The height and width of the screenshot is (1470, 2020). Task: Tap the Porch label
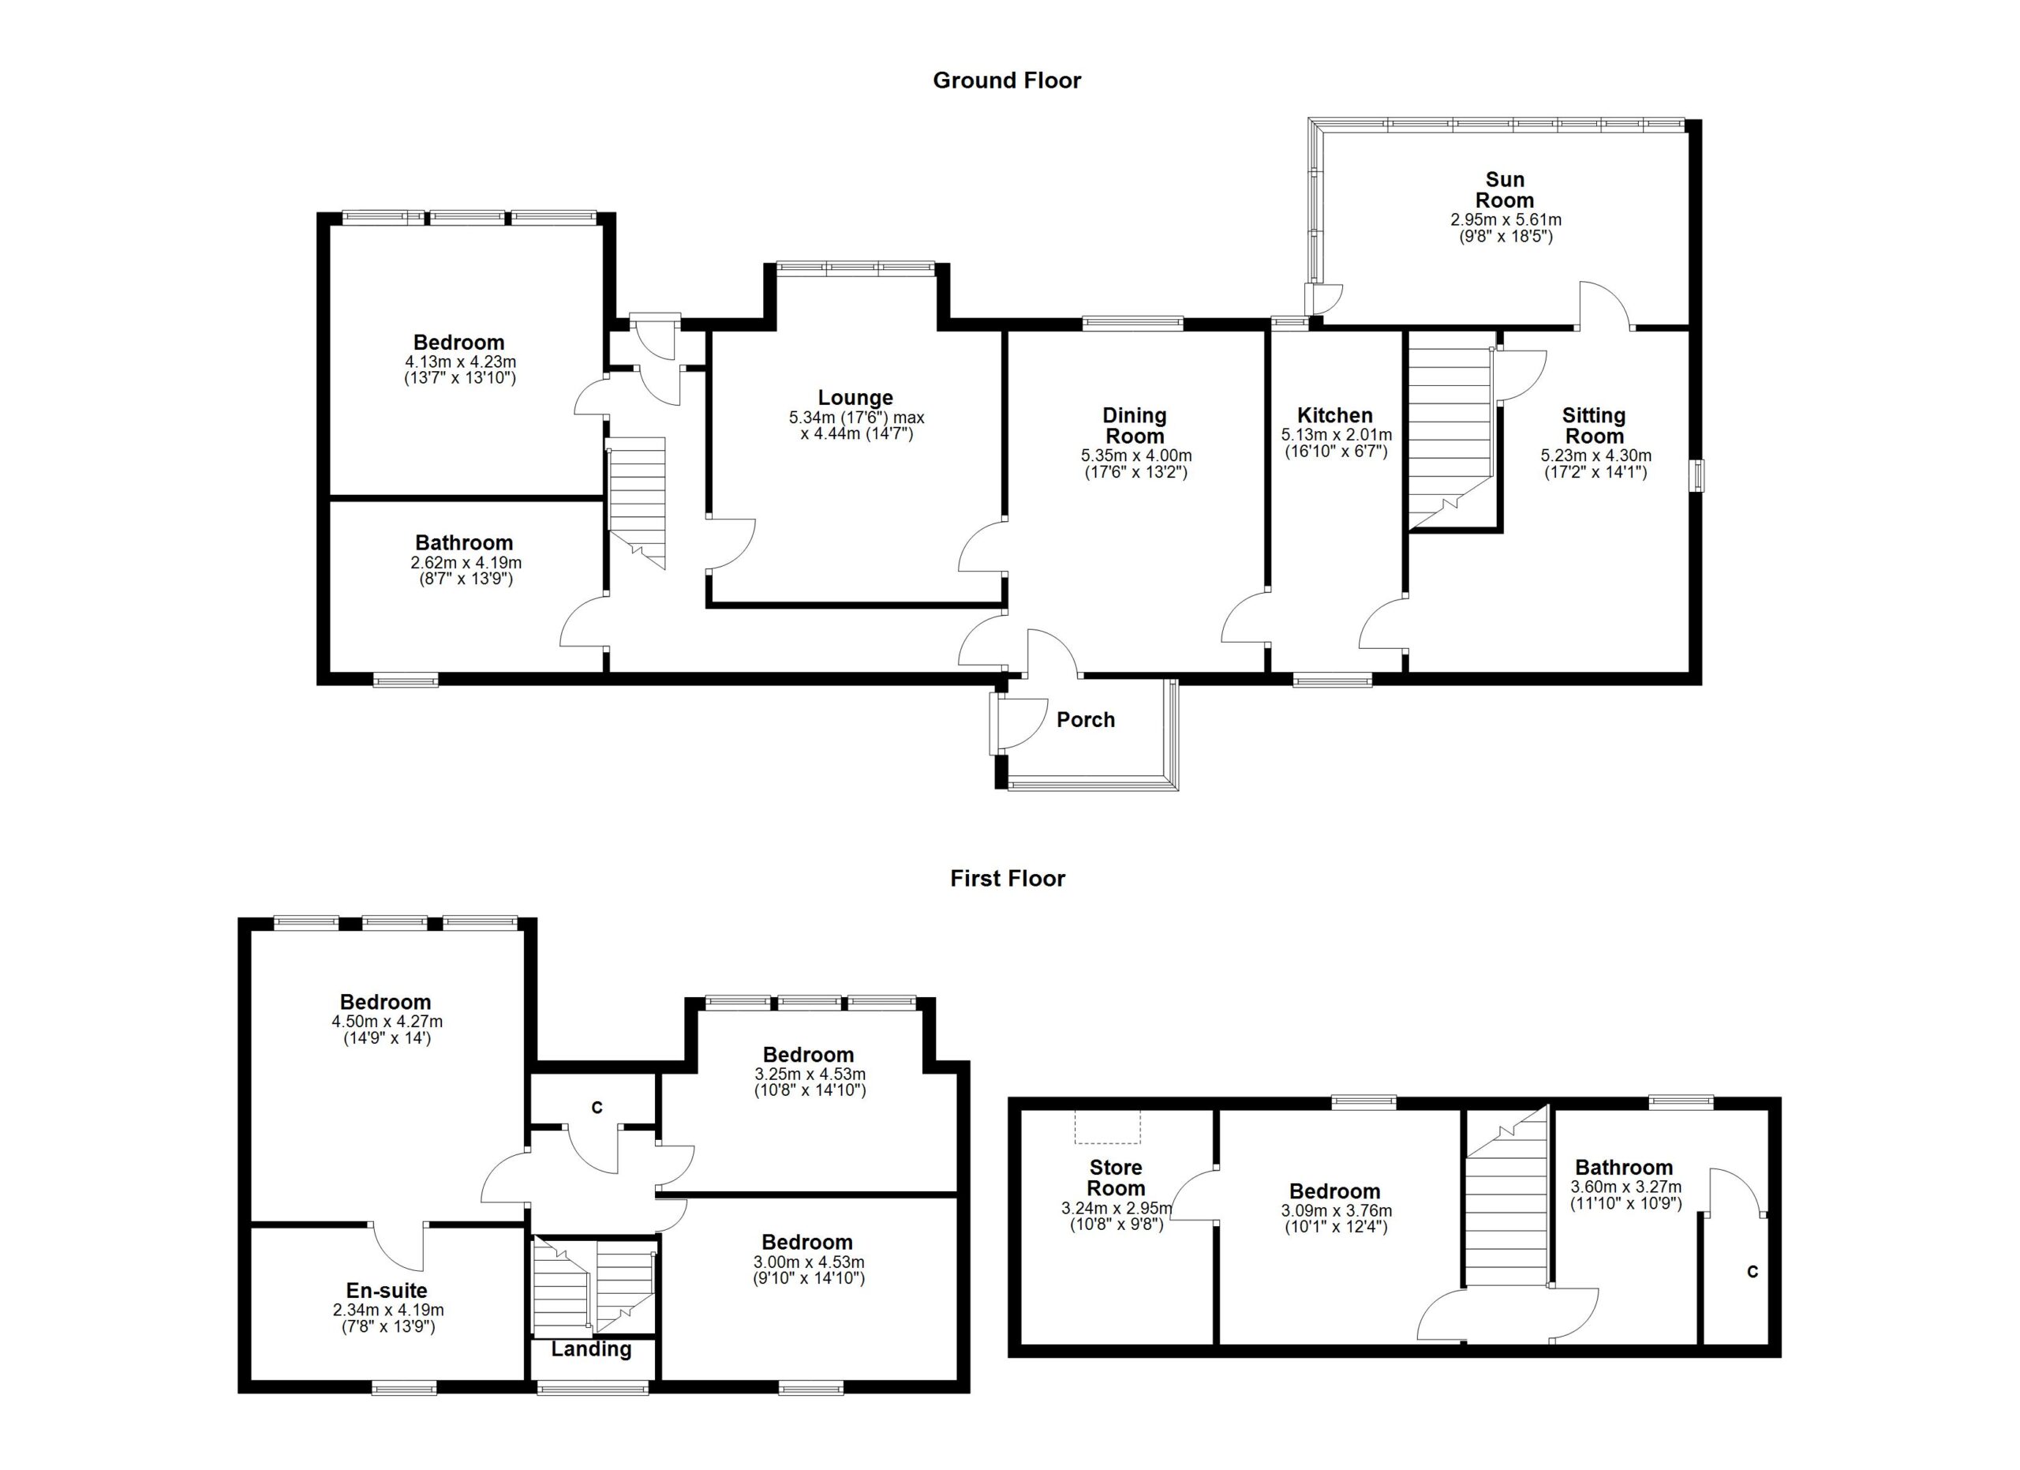[x=1085, y=720]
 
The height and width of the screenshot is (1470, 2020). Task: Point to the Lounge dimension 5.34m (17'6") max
[x=856, y=417]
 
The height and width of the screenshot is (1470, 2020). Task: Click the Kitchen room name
[x=1334, y=415]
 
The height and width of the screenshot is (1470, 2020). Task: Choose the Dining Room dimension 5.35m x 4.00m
[x=1135, y=456]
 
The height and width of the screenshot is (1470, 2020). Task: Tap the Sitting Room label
[x=1593, y=426]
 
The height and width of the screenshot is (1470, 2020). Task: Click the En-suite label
[x=387, y=1291]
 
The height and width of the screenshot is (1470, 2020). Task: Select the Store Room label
[x=1115, y=1178]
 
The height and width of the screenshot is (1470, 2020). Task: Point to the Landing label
[x=590, y=1350]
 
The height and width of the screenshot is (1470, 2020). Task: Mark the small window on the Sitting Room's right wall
[x=1700, y=474]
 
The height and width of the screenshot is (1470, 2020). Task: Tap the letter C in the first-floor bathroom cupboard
[x=1752, y=1272]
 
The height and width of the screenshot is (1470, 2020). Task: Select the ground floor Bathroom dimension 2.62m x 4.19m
[x=466, y=563]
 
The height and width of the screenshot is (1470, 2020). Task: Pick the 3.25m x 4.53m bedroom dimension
[x=808, y=1074]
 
